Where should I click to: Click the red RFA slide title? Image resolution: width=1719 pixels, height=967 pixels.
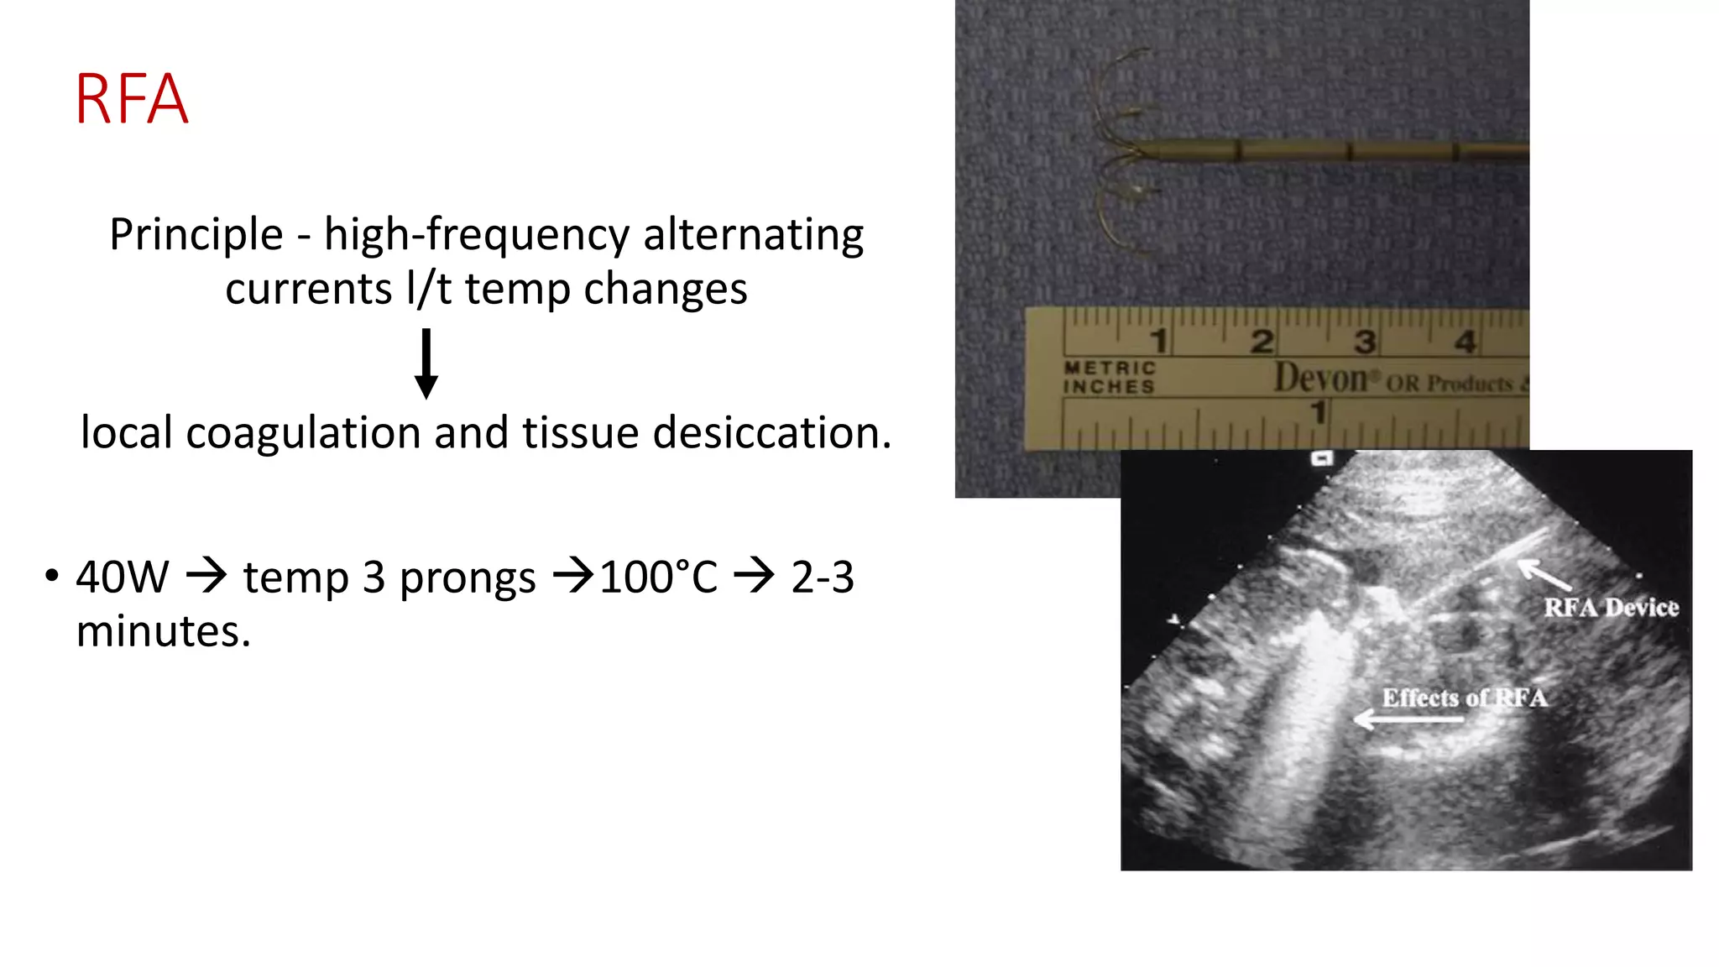tap(132, 100)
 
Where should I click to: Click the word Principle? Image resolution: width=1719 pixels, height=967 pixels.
tap(196, 235)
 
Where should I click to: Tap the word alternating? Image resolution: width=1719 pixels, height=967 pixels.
tap(753, 235)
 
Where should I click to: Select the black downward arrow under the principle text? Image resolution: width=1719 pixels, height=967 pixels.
tap(426, 363)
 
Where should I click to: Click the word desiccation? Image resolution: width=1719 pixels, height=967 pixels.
tap(771, 433)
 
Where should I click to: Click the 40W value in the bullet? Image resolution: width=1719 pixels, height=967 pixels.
tap(123, 578)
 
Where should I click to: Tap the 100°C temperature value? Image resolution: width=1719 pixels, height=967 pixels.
tap(659, 578)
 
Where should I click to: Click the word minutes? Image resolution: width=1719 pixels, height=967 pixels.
tap(163, 631)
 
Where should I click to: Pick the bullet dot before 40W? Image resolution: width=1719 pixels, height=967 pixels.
tap(52, 577)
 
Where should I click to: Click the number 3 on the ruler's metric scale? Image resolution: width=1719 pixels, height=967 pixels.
tap(1365, 342)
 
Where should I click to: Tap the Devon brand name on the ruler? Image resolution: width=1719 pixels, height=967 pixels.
tap(1321, 379)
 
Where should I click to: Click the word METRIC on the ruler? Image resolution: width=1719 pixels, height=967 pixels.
tap(1110, 369)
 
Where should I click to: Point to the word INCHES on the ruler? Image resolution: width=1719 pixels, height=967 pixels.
tap(1109, 387)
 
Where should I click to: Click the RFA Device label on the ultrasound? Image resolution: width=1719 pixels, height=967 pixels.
tap(1611, 608)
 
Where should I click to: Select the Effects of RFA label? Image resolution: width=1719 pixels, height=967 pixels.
tap(1464, 698)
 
